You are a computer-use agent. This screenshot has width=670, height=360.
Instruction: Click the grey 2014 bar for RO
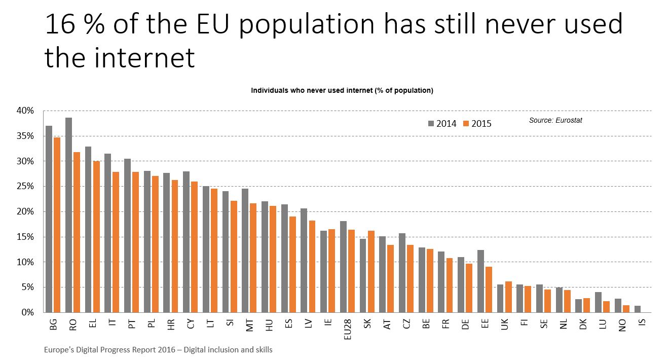(68, 215)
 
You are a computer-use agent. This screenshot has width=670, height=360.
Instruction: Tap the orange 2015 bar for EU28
(351, 271)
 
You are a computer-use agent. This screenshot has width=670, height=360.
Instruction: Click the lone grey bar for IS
(637, 309)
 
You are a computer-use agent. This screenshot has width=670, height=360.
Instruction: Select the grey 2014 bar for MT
(245, 250)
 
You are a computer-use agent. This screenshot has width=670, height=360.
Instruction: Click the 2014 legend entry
(442, 123)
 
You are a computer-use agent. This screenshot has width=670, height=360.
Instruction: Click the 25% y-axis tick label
(25, 186)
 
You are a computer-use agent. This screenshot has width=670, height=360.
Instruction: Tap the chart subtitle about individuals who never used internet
(342, 90)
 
